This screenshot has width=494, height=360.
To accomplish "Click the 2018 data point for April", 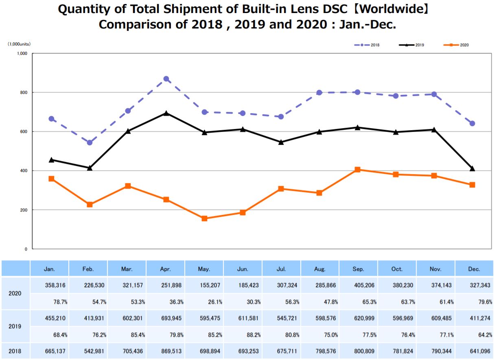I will [166, 79].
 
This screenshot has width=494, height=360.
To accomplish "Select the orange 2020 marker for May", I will [204, 218].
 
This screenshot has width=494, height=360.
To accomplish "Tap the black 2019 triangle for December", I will [472, 168].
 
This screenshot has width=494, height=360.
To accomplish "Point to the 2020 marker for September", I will [357, 170].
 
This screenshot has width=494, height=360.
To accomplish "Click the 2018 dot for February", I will [90, 142].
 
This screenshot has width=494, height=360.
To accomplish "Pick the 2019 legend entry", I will [411, 45].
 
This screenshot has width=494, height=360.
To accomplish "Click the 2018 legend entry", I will [367, 45].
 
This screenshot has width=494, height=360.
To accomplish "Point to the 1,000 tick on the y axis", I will [22, 53].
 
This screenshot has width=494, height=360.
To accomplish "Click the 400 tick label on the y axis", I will [23, 171].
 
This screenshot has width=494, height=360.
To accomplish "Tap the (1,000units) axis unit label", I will [19, 44].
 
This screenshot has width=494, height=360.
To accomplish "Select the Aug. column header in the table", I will [320, 269].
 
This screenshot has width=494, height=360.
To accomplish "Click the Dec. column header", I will [474, 269].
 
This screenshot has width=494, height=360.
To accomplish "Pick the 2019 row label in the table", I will [15, 326].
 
